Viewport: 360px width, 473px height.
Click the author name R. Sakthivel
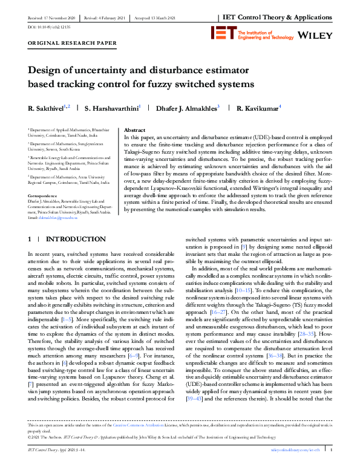click(x=48, y=109)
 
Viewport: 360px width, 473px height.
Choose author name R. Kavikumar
click(x=258, y=109)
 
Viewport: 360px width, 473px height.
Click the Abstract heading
click(x=134, y=130)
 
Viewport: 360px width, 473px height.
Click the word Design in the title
click(x=46, y=69)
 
